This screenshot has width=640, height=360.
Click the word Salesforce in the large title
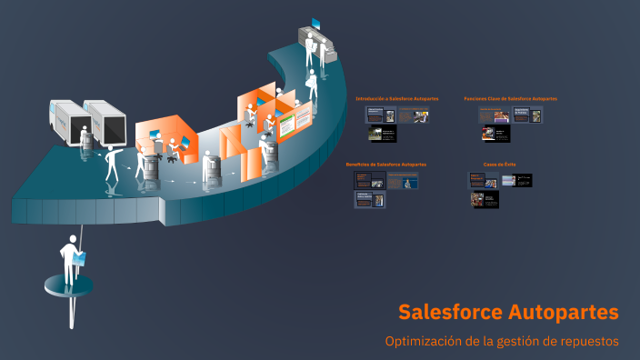coord(450,312)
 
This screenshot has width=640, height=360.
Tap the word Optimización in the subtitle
coord(423,341)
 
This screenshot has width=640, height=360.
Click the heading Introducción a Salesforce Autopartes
coord(397,98)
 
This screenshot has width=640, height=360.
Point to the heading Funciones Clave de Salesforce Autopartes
coord(510,98)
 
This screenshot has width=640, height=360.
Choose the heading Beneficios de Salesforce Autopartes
coord(386,165)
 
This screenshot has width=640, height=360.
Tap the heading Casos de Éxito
coord(499,165)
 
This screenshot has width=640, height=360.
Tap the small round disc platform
coord(69,285)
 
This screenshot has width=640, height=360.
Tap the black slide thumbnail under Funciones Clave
coord(495,134)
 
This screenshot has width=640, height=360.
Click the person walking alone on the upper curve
coord(312,85)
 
